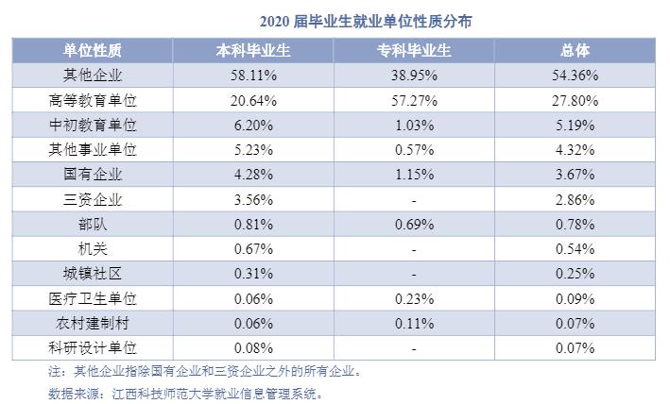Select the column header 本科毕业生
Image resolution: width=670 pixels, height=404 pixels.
click(x=252, y=50)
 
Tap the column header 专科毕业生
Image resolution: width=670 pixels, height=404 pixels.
click(x=415, y=50)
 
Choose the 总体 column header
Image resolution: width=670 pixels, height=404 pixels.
click(x=576, y=50)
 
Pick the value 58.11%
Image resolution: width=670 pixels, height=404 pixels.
click(x=252, y=75)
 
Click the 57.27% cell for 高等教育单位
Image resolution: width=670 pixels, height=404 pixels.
click(x=415, y=99)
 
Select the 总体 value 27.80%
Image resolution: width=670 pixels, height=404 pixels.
click(x=576, y=99)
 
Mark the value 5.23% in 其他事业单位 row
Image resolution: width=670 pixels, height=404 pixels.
click(x=252, y=149)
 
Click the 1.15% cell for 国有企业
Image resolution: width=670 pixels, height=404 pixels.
click(x=415, y=175)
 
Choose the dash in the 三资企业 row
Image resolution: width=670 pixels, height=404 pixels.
click(x=415, y=199)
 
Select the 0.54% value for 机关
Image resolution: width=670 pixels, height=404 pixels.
click(x=576, y=249)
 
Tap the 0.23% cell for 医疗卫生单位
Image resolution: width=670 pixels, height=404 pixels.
click(x=415, y=299)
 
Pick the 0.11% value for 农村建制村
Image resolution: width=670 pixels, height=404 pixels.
click(x=415, y=324)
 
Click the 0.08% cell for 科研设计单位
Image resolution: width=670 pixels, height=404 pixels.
click(x=252, y=348)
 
